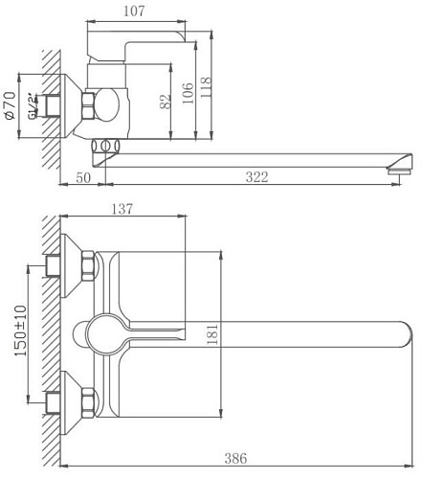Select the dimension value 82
point(166,102)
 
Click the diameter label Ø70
point(11,104)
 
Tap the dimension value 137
point(121,209)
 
